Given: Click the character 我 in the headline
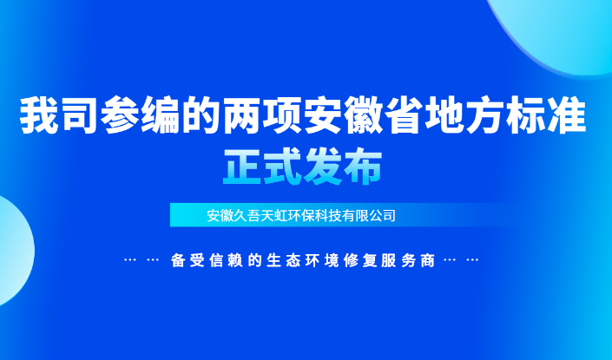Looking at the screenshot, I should (x=39, y=116).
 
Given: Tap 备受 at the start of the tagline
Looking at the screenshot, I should (x=187, y=260).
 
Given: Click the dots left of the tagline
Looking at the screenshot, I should (x=141, y=260).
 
